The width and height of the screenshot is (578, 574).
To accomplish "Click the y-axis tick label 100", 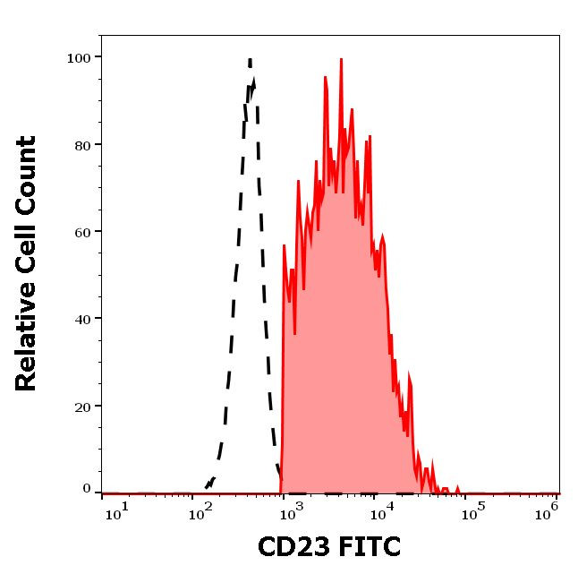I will click(x=79, y=57).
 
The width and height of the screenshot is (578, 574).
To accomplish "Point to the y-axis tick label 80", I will click(x=81, y=144).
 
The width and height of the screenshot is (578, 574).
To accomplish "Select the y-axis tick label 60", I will click(x=81, y=231).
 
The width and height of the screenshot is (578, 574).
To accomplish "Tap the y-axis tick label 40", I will click(x=81, y=318).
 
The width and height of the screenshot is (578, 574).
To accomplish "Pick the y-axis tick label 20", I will click(x=81, y=406).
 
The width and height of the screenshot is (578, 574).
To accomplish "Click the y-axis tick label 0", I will click(x=87, y=489).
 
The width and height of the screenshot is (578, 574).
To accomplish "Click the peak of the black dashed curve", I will click(x=250, y=60).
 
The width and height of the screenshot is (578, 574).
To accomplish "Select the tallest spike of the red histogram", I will click(x=341, y=60).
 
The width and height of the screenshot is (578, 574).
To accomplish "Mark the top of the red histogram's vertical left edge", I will click(x=284, y=244).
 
